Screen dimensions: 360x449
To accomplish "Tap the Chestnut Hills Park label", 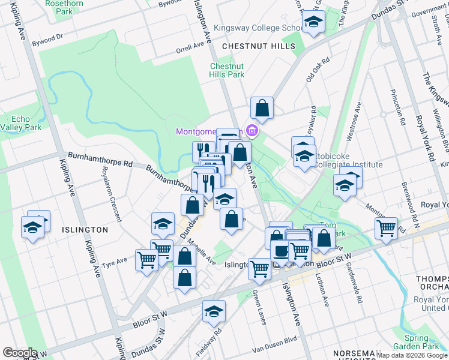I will coord(227,71).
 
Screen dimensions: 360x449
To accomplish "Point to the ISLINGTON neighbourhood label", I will coord(83,229).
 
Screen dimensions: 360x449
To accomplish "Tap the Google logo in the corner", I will coord(19,353).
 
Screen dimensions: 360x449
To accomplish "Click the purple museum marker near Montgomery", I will coord(252,130).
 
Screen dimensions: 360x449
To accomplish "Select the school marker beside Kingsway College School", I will coord(312,23).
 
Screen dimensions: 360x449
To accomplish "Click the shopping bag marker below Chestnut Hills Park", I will coord(262,108).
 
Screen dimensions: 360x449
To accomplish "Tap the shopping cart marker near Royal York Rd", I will coord(386,228).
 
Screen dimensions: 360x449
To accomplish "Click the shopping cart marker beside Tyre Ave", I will coord(146,260).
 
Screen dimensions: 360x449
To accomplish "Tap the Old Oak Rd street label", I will coord(318,70).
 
